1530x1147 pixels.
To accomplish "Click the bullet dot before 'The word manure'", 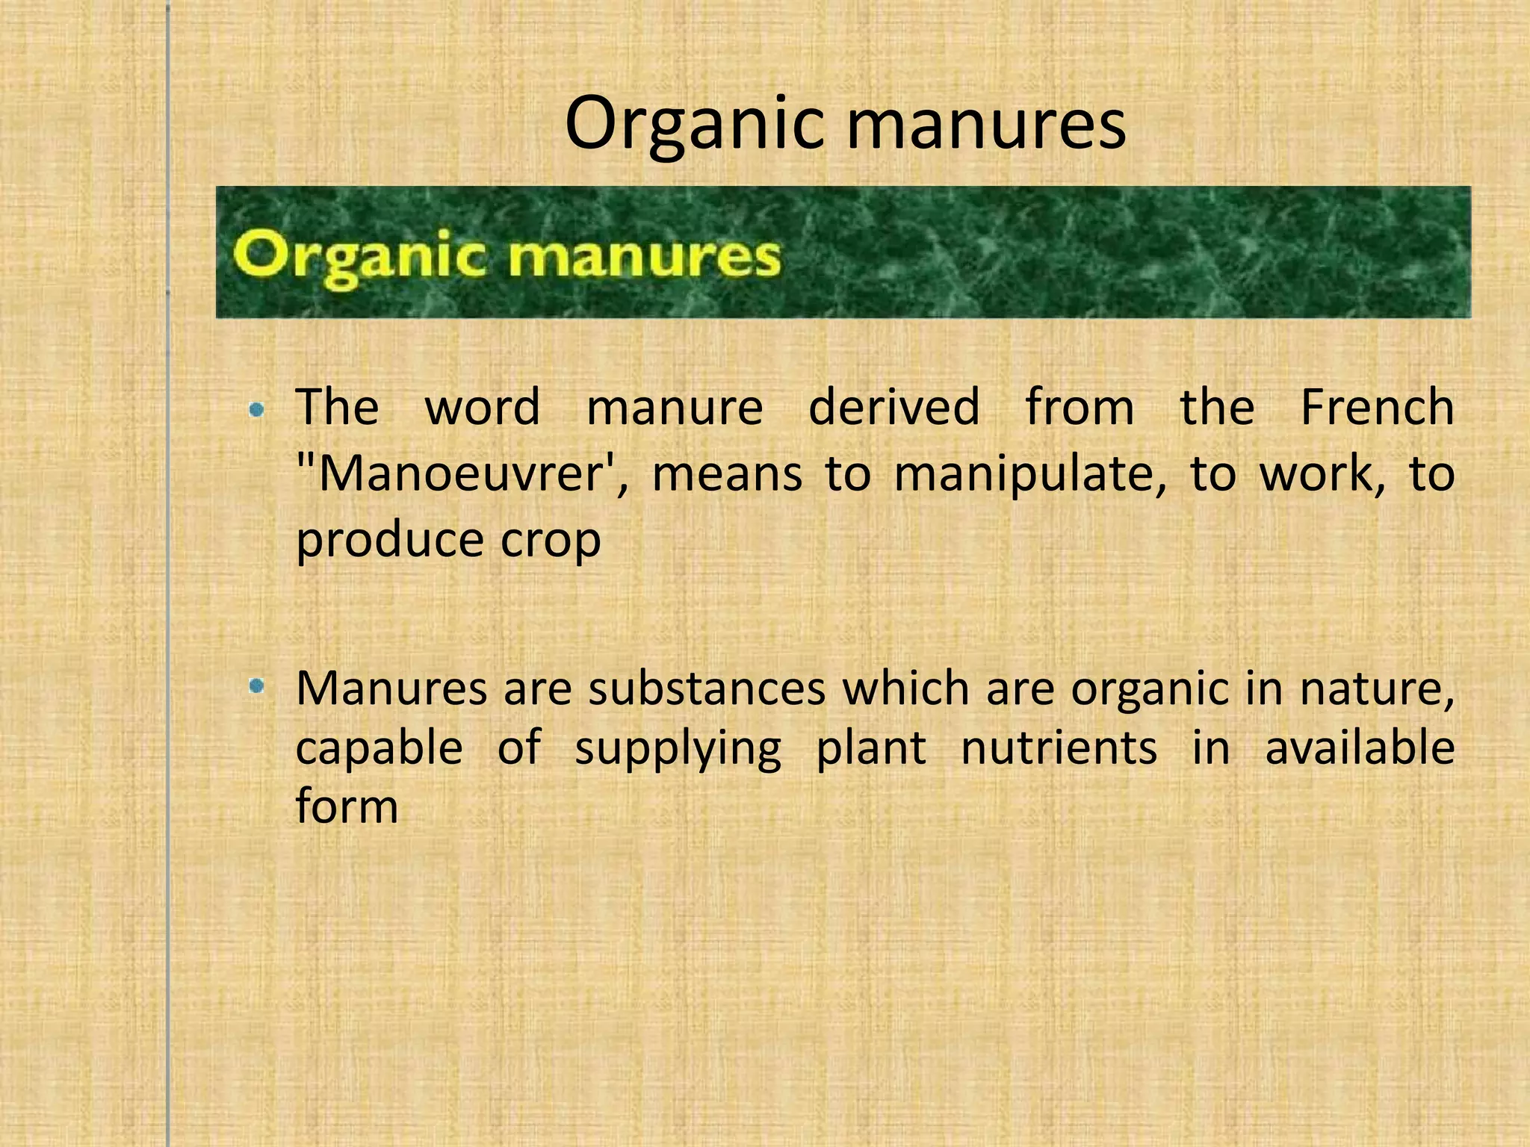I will click(x=257, y=409).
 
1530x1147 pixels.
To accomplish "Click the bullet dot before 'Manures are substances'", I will click(x=257, y=686).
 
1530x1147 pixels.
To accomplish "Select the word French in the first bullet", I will click(x=1377, y=407).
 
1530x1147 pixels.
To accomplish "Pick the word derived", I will click(x=893, y=407).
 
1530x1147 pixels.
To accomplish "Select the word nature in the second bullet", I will click(x=1377, y=688).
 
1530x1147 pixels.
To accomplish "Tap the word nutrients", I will click(x=1059, y=747).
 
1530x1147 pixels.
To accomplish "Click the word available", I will click(x=1360, y=747).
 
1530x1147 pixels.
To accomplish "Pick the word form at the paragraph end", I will click(x=347, y=806).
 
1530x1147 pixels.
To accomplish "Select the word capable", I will click(x=379, y=747).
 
